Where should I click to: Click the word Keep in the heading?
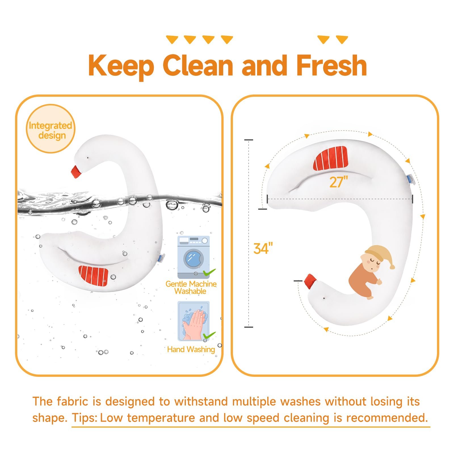coord(121,66)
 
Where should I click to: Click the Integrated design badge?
coord(51,129)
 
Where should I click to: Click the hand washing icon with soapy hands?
coord(194,321)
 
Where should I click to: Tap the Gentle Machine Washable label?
coord(191,287)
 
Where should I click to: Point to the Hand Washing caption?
coord(191,349)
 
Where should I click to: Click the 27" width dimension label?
coord(339,182)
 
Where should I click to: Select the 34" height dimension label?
coord(263,249)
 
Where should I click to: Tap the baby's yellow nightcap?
coord(380,256)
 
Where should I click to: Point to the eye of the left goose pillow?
coord(88,158)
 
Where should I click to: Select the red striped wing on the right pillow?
coord(331,158)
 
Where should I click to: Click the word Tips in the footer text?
coord(84,418)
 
